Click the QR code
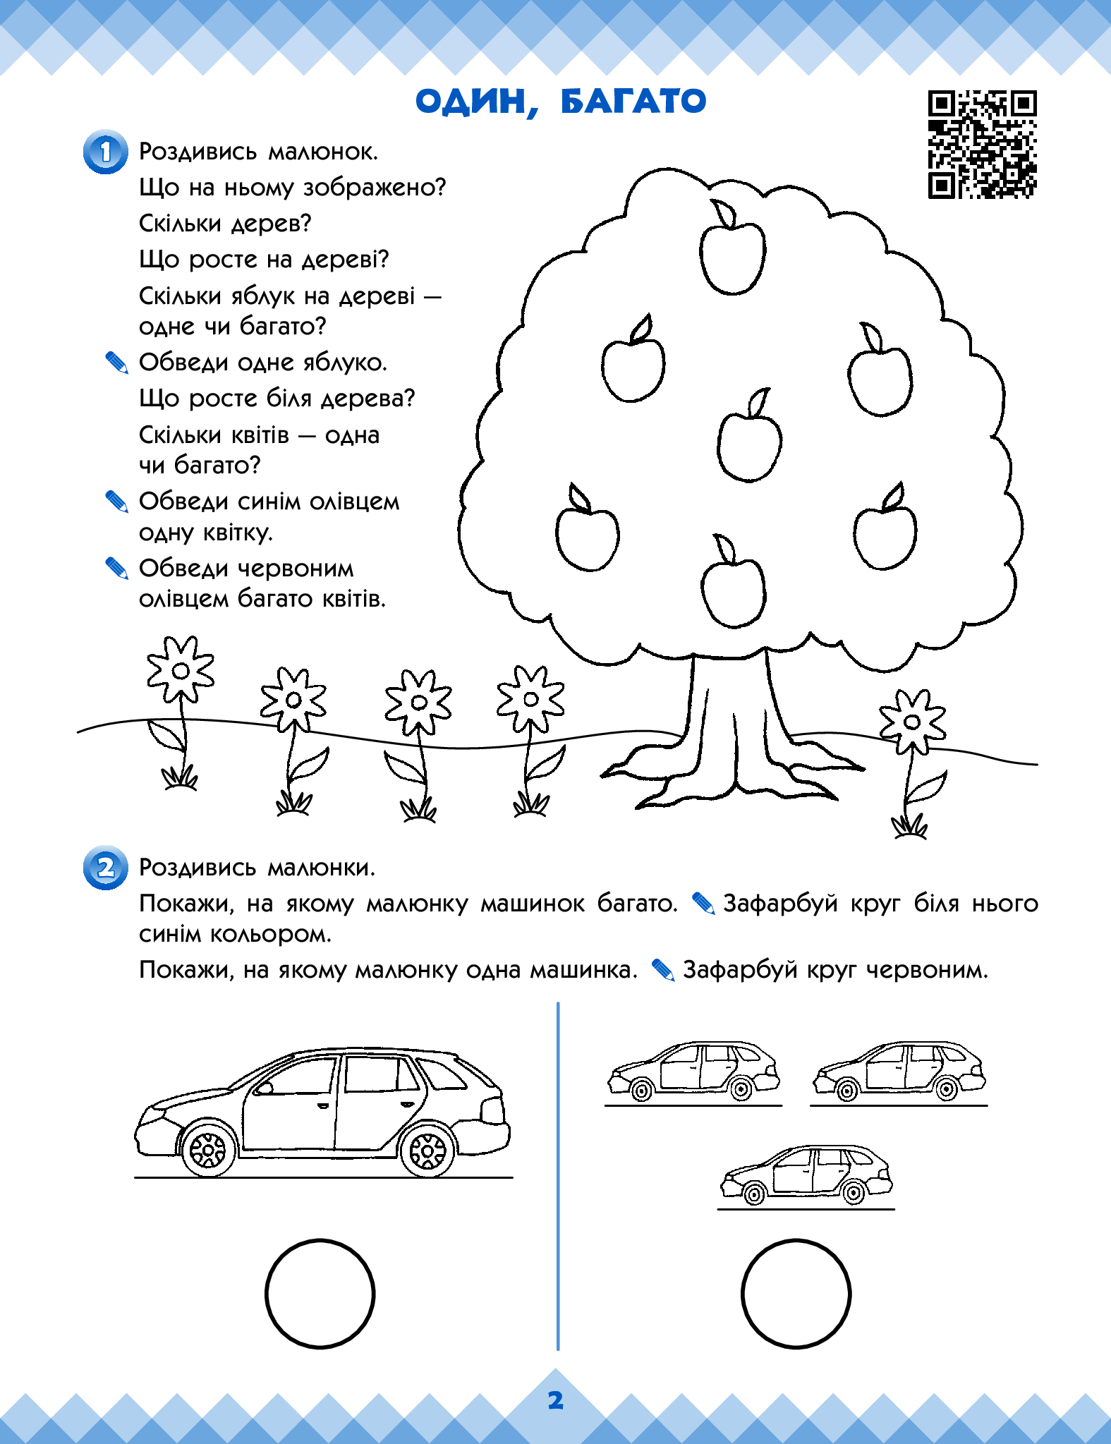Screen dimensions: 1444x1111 pos(982,145)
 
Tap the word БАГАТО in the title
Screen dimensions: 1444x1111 pos(633,102)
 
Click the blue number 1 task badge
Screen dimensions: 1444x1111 pos(106,152)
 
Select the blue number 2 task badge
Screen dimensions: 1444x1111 pos(106,867)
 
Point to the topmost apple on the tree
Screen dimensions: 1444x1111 pos(731,255)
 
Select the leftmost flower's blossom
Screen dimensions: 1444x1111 pos(181,670)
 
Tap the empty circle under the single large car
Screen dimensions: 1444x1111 pos(320,1294)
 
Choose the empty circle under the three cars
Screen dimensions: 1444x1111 pos(796,1294)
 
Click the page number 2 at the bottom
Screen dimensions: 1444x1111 pos(556,1401)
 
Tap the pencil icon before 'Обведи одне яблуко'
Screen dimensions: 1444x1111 pos(116,363)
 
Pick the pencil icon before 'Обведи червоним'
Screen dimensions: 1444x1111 pos(116,569)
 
